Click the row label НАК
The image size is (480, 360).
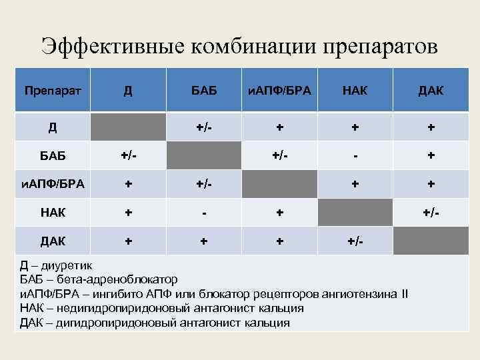coord(53,212)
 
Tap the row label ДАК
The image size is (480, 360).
coord(53,241)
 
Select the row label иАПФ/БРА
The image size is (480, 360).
coord(53,184)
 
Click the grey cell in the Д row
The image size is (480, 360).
coord(128,127)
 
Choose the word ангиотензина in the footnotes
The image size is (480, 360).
coord(357,294)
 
